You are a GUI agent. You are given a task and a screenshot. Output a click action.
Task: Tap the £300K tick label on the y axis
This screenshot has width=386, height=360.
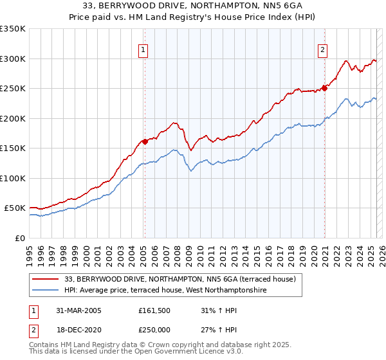[13, 59]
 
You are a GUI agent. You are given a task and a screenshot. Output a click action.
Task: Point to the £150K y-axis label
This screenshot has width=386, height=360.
[13, 148]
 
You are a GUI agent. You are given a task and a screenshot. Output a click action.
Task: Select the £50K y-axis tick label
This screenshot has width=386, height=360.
[15, 208]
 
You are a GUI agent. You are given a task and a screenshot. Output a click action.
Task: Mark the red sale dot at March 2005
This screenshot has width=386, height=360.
[145, 141]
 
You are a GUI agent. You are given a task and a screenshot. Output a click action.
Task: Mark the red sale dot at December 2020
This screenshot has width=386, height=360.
[324, 89]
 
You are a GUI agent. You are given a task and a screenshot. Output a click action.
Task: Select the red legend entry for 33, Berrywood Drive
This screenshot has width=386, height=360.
[180, 279]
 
